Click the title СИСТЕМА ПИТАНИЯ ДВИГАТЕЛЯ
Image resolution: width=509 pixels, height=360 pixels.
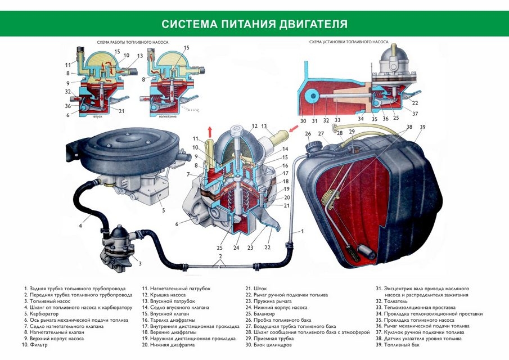point(254,24)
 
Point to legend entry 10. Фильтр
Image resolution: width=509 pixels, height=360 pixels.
point(34,344)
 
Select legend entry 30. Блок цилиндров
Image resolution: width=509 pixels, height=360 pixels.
point(268,344)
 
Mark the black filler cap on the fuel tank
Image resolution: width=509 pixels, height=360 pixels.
point(311,147)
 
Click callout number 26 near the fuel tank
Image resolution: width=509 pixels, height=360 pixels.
point(308,134)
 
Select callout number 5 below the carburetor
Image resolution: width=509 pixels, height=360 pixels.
point(164,211)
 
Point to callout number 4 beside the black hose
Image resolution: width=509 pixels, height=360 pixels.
point(80,226)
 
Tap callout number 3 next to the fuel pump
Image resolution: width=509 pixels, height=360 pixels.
point(139,263)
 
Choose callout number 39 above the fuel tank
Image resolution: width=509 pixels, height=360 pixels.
point(423,127)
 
